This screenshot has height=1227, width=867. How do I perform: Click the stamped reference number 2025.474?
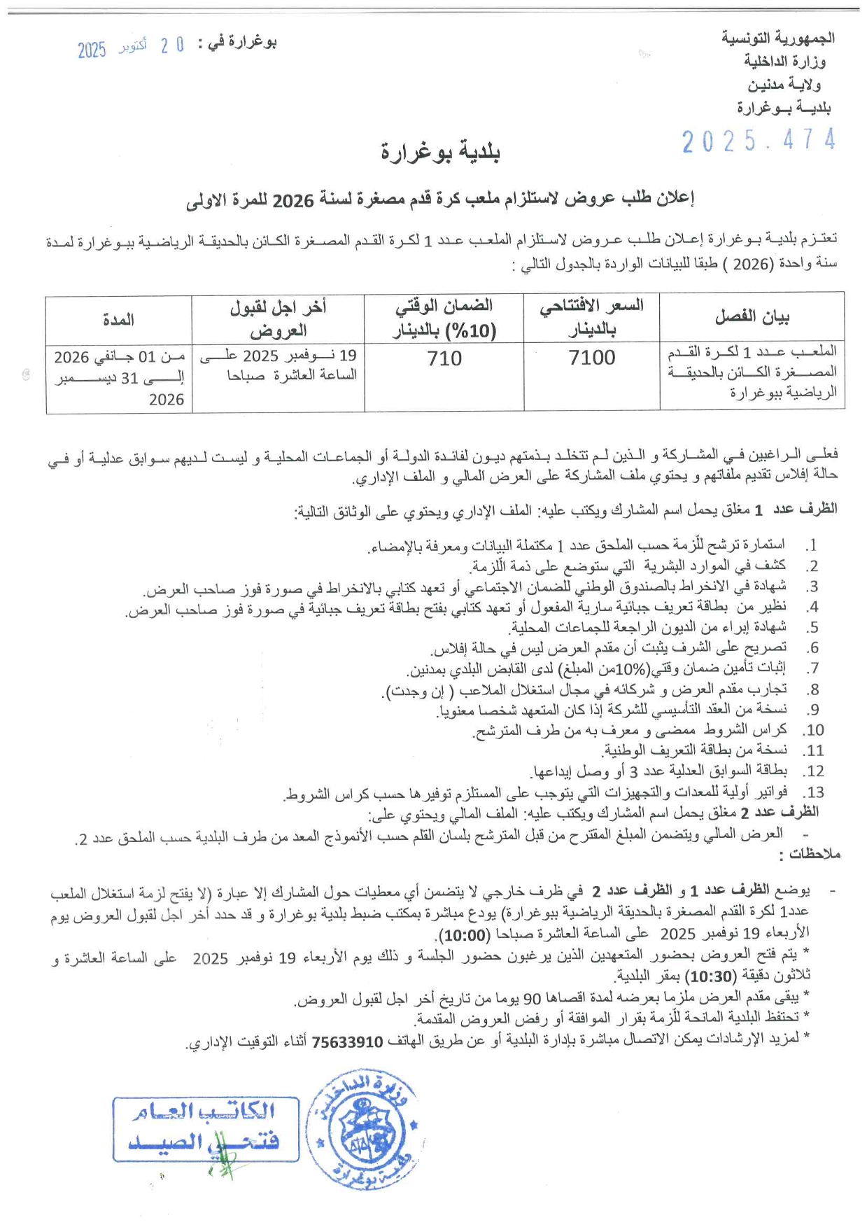pyautogui.click(x=759, y=141)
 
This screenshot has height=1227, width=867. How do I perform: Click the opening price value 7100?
pyautogui.click(x=592, y=358)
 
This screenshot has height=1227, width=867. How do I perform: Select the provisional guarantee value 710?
pyautogui.click(x=444, y=358)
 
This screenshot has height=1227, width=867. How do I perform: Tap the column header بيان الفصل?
pyautogui.click(x=752, y=317)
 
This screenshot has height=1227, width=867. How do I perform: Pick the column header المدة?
pyautogui.click(x=118, y=319)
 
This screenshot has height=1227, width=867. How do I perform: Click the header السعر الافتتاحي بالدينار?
pyautogui.click(x=591, y=317)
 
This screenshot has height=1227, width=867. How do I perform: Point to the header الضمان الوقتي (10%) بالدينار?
pyautogui.click(x=444, y=317)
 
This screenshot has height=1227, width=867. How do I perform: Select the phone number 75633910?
pyautogui.click(x=348, y=1042)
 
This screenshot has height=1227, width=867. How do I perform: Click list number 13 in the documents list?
pyautogui.click(x=813, y=792)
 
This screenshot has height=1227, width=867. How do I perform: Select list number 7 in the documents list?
pyautogui.click(x=812, y=668)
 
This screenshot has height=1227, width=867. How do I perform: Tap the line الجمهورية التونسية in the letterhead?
pyautogui.click(x=777, y=38)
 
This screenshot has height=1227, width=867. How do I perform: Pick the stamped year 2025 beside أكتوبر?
pyautogui.click(x=92, y=50)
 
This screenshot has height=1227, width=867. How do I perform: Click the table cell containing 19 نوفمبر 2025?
pyautogui.click(x=279, y=365)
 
